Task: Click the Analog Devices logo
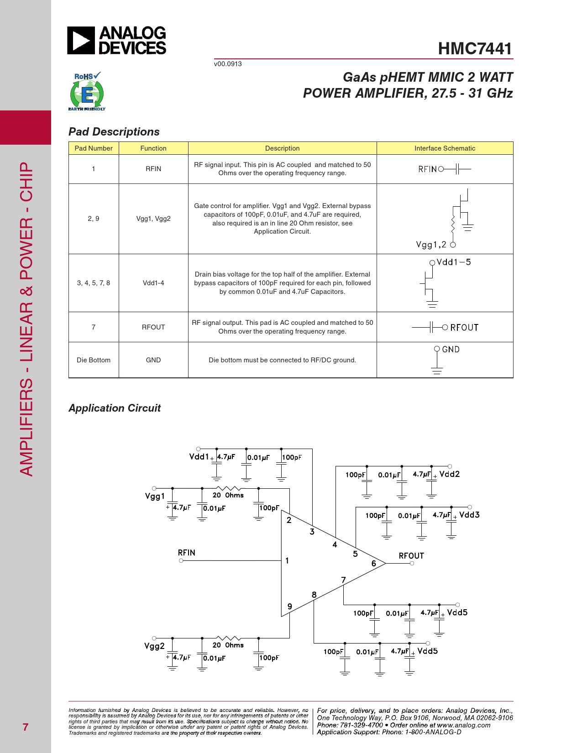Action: (x=117, y=41)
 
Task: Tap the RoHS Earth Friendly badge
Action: (x=87, y=92)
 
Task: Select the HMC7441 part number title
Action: (x=475, y=48)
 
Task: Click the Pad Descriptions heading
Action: (x=114, y=132)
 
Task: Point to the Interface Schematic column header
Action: (x=445, y=148)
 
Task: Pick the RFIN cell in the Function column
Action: (x=153, y=169)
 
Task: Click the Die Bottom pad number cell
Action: (x=94, y=360)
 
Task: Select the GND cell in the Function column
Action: (x=153, y=360)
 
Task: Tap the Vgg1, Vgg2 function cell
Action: (x=153, y=219)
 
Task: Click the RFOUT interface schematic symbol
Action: (x=445, y=327)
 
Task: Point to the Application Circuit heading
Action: (x=115, y=408)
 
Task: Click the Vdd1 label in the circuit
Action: (x=199, y=457)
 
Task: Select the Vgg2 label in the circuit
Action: (x=154, y=646)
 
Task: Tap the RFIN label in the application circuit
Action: (x=187, y=553)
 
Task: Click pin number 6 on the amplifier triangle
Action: (x=373, y=564)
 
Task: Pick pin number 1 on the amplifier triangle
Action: (x=287, y=560)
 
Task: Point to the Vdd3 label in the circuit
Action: (x=469, y=515)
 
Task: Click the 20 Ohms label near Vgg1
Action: (x=228, y=495)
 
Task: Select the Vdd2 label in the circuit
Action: (x=450, y=474)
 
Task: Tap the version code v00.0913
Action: (x=228, y=64)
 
